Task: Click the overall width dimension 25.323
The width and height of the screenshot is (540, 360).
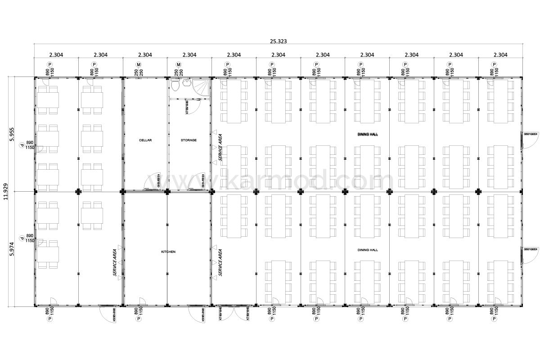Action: (278, 41)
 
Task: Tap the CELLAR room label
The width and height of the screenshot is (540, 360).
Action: (145, 140)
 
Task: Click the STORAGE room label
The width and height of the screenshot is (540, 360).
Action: (189, 140)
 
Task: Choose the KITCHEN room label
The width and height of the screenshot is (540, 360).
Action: (168, 252)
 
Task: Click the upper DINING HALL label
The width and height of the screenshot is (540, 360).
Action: (368, 135)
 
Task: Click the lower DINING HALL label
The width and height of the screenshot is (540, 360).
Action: (368, 250)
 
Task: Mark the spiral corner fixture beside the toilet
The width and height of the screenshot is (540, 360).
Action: (202, 88)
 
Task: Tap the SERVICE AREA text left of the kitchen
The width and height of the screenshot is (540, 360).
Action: (115, 262)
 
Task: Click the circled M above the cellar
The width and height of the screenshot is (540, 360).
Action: (139, 65)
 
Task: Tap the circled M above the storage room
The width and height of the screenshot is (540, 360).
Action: (179, 65)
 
